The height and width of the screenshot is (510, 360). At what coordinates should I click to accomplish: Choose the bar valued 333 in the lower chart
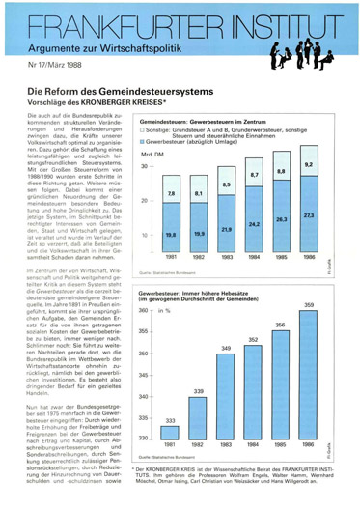(x=171, y=440)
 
